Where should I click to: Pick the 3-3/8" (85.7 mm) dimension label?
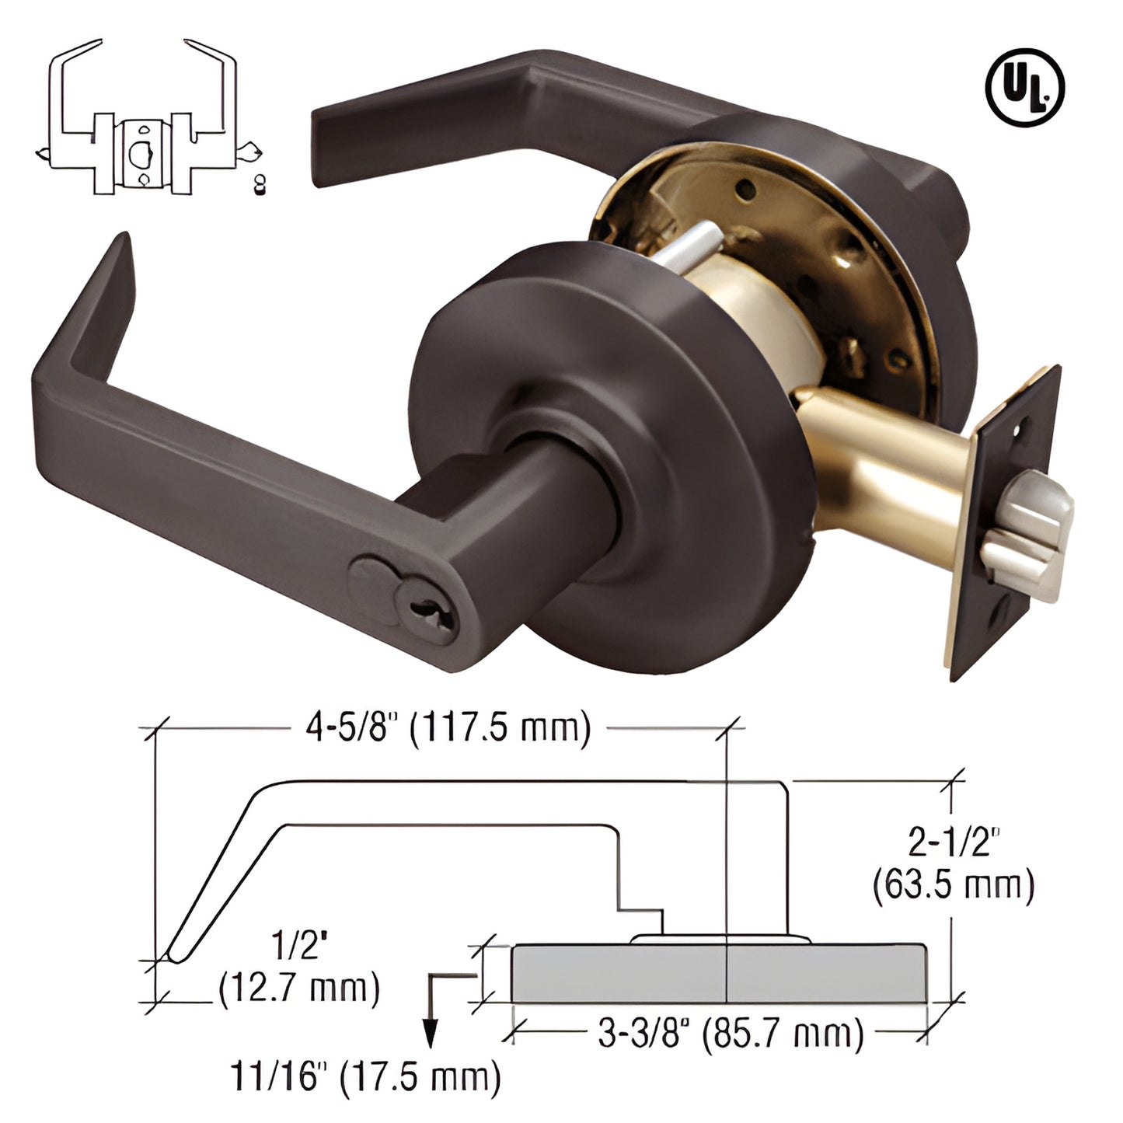[731, 1034]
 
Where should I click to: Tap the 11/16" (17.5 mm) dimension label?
[365, 1078]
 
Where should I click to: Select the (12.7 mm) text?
[298, 989]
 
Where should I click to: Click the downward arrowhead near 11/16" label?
[428, 1038]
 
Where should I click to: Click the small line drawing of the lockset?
[148, 117]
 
